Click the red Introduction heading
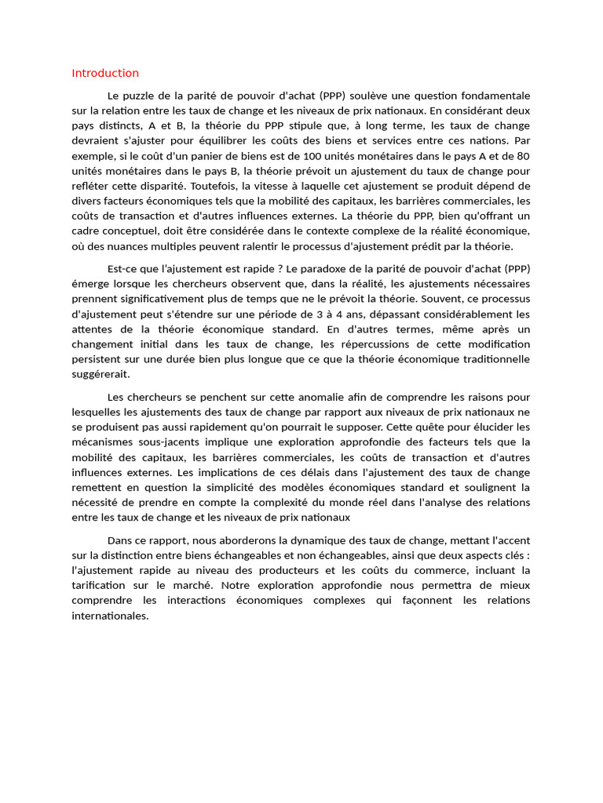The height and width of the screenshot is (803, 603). (x=105, y=73)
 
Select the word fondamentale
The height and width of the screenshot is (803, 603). (x=494, y=95)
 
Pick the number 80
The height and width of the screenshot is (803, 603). (x=523, y=156)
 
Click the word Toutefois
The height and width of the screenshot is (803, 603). (x=210, y=186)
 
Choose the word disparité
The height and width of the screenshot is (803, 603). (x=165, y=186)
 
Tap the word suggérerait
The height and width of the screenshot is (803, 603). (x=100, y=374)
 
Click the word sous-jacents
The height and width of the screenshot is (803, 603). (x=172, y=441)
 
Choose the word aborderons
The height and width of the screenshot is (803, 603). (x=252, y=540)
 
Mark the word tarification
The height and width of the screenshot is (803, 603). (x=100, y=586)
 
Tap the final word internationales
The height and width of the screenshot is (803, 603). (x=110, y=616)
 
